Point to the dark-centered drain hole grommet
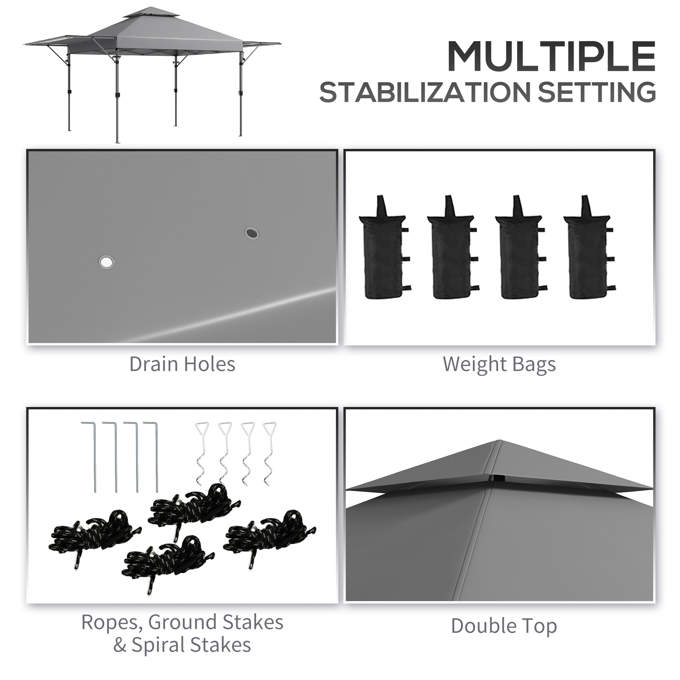[252, 233]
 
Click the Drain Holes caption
[182, 364]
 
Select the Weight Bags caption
[499, 364]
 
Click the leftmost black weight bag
[384, 250]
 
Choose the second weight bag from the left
[452, 250]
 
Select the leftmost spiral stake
[201, 454]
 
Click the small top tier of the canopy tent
[151, 14]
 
